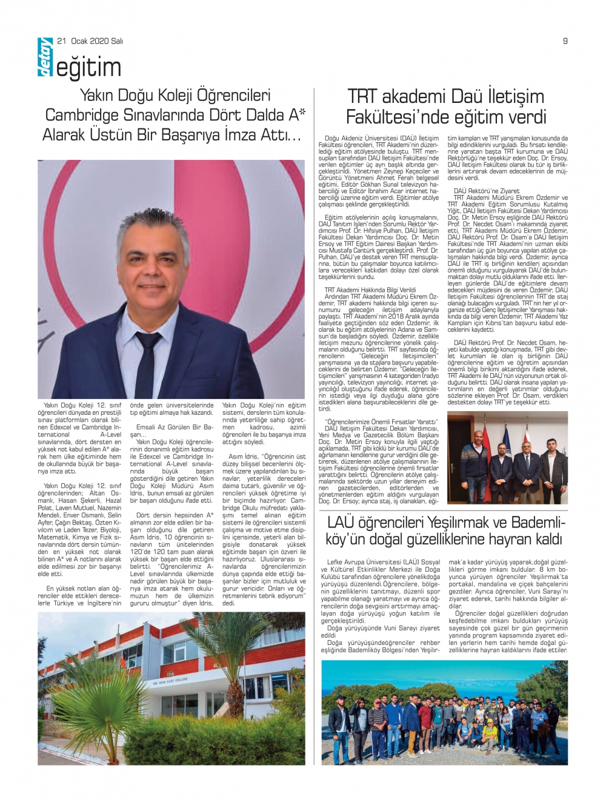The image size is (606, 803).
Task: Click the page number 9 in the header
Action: coord(565,41)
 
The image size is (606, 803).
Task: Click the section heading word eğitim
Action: coord(88,68)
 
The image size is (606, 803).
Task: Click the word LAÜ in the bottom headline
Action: coord(341,523)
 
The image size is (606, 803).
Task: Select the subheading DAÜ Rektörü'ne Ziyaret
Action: coord(487,191)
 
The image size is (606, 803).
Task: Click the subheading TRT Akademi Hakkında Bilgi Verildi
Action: coord(370,290)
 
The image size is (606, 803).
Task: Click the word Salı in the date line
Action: coord(116,41)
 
